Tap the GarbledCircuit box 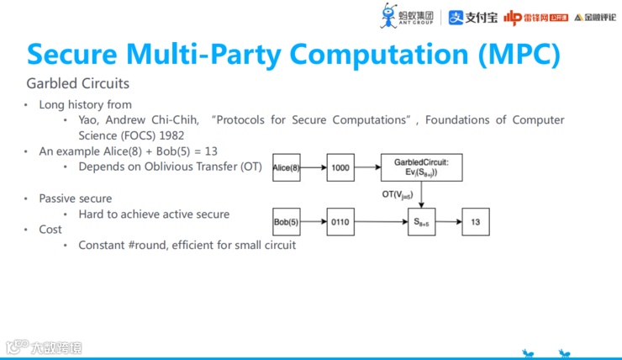pos(421,168)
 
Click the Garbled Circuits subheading pos(78,84)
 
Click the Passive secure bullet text pos(76,199)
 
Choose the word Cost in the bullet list pos(50,229)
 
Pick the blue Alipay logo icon pos(456,16)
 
